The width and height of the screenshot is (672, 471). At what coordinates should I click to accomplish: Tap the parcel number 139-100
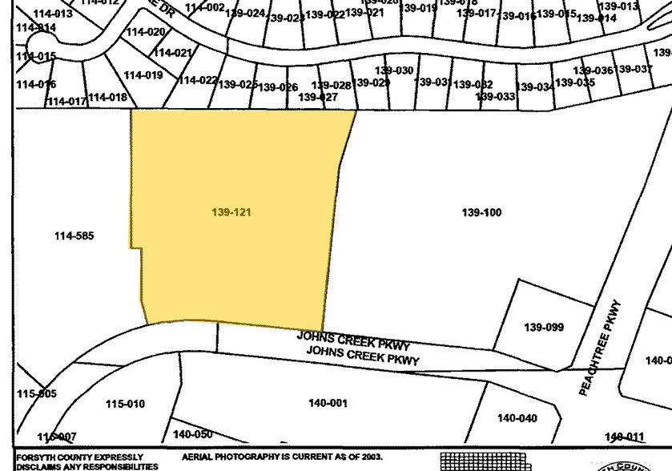[481, 212]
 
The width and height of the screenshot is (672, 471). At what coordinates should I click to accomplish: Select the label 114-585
[74, 235]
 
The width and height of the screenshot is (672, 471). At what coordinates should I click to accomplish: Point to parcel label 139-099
[544, 327]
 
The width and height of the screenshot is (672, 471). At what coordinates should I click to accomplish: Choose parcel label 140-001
[328, 403]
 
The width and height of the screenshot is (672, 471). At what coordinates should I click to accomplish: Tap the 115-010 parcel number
[125, 404]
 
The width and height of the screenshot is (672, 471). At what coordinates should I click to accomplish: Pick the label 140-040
[517, 417]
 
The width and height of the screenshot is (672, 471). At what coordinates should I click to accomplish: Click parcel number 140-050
[192, 433]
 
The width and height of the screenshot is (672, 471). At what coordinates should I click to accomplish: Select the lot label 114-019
[143, 75]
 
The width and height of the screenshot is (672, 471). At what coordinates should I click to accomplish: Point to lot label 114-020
[146, 32]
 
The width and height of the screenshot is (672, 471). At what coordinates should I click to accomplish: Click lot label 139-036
[593, 71]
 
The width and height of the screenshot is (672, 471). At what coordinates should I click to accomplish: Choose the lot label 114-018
[107, 97]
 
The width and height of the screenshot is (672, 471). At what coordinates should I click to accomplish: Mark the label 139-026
[278, 87]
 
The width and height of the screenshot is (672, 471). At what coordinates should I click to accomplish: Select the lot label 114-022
[198, 80]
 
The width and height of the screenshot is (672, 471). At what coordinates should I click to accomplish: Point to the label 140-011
[625, 437]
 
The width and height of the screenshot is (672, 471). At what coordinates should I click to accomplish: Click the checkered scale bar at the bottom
[485, 461]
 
